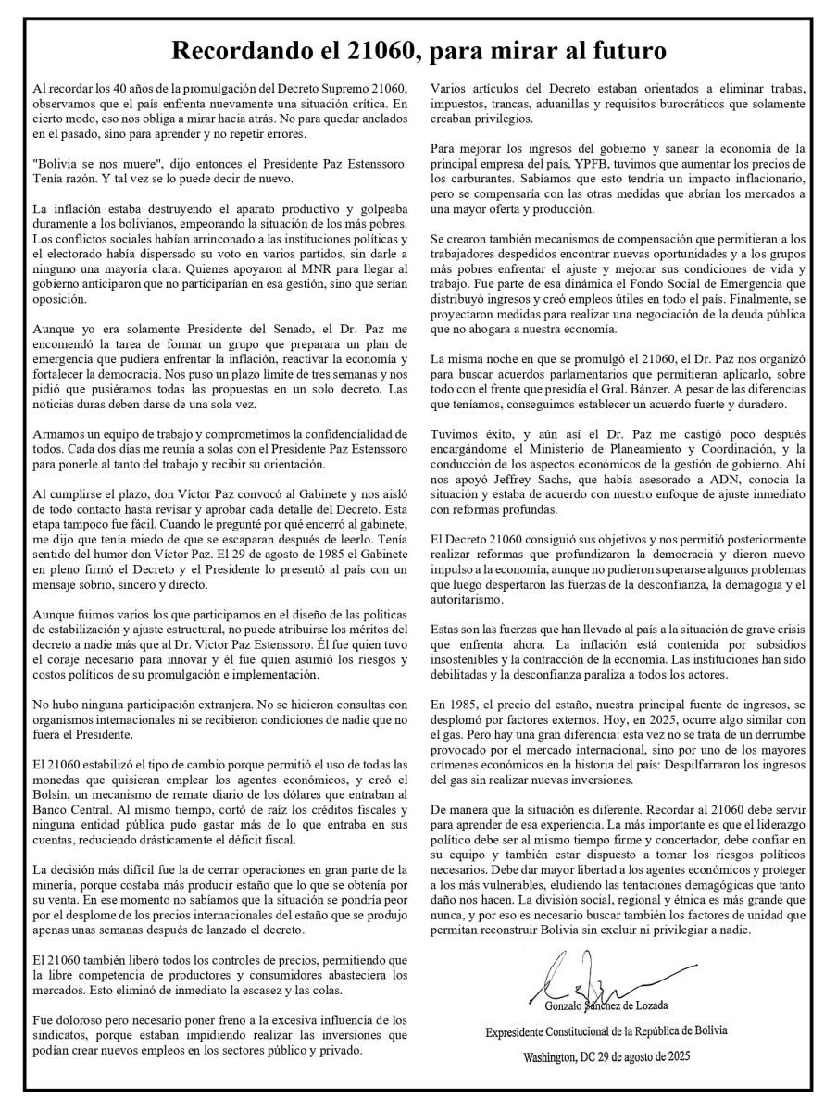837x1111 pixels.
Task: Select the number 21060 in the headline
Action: tap(427, 50)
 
